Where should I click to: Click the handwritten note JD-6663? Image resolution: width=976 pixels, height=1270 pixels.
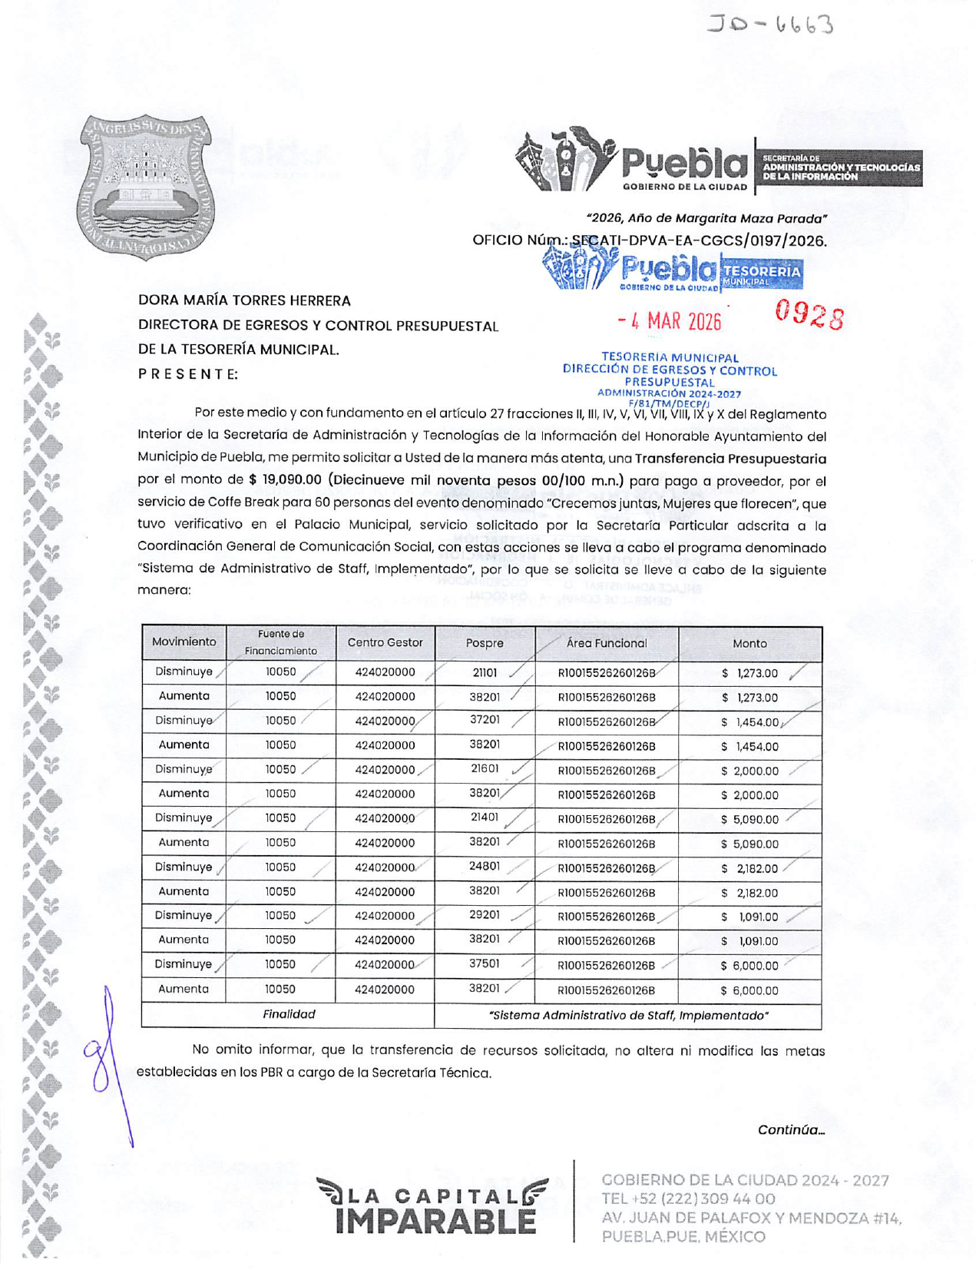click(x=769, y=25)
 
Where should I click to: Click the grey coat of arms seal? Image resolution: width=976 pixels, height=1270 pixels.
click(x=145, y=187)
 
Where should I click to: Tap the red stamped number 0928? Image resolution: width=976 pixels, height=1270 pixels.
click(x=809, y=315)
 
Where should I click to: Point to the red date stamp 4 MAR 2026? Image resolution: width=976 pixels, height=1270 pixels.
click(x=670, y=320)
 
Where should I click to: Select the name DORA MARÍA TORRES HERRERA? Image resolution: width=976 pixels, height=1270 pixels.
click(x=244, y=300)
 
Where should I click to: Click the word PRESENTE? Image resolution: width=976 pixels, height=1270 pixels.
click(x=188, y=374)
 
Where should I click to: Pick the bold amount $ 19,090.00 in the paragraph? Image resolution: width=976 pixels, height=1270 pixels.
click(x=285, y=480)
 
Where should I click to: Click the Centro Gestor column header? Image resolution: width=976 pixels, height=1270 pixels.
click(x=385, y=642)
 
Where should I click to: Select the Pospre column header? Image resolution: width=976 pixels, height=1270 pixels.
click(x=485, y=643)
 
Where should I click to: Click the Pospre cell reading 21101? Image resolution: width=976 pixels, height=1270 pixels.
click(x=485, y=672)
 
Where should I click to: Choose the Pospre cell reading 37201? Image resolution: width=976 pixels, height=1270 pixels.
click(x=485, y=720)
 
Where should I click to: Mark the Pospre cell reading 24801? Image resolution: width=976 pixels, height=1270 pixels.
click(x=485, y=867)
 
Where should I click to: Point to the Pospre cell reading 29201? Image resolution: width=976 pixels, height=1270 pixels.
click(x=485, y=915)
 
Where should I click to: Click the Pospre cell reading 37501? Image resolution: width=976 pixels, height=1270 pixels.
click(x=485, y=964)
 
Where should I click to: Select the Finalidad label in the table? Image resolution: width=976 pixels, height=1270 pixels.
click(x=289, y=1014)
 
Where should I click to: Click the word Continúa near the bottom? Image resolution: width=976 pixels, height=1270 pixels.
click(x=790, y=1129)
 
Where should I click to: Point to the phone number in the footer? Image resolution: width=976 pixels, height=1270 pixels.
click(x=688, y=1199)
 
